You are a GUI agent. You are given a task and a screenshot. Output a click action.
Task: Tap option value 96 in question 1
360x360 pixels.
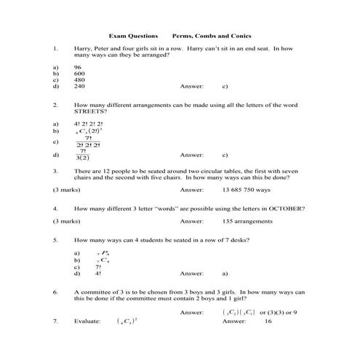pos(79,67)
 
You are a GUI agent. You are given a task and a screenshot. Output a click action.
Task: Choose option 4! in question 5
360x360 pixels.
pos(97,273)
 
